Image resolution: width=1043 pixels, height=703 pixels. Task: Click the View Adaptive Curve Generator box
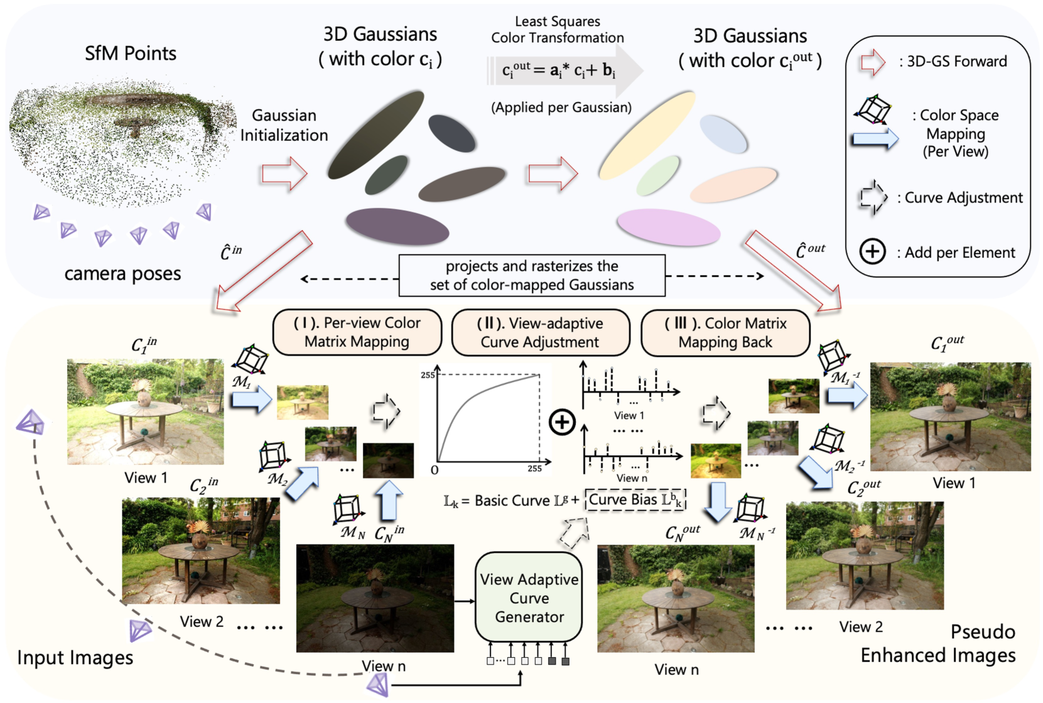pyautogui.click(x=529, y=597)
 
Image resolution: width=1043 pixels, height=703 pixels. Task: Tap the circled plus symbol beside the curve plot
pyautogui.click(x=562, y=422)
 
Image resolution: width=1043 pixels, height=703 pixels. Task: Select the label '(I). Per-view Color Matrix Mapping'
pyautogui.click(x=357, y=332)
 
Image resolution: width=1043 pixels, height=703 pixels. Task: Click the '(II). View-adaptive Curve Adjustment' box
pyautogui.click(x=540, y=332)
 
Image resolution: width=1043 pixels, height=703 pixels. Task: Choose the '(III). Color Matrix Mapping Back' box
pyautogui.click(x=725, y=332)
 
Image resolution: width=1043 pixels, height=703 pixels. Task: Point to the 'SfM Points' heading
pyautogui.click(x=131, y=53)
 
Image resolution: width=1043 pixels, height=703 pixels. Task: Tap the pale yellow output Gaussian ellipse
pyautogui.click(x=647, y=134)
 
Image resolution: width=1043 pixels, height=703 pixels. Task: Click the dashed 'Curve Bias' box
pyautogui.click(x=635, y=500)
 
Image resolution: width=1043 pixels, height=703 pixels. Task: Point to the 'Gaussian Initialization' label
pyautogui.click(x=284, y=125)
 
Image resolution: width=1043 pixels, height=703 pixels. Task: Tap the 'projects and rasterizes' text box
pyautogui.click(x=532, y=275)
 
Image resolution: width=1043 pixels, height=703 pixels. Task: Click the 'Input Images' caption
pyautogui.click(x=75, y=657)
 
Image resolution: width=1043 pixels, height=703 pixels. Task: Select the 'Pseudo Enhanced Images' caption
pyautogui.click(x=938, y=643)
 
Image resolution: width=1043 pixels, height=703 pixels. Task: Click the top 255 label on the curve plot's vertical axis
pyautogui.click(x=427, y=375)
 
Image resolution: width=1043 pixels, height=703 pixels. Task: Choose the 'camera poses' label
pyautogui.click(x=122, y=274)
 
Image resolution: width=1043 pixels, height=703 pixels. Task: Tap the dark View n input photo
pyautogui.click(x=375, y=598)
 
